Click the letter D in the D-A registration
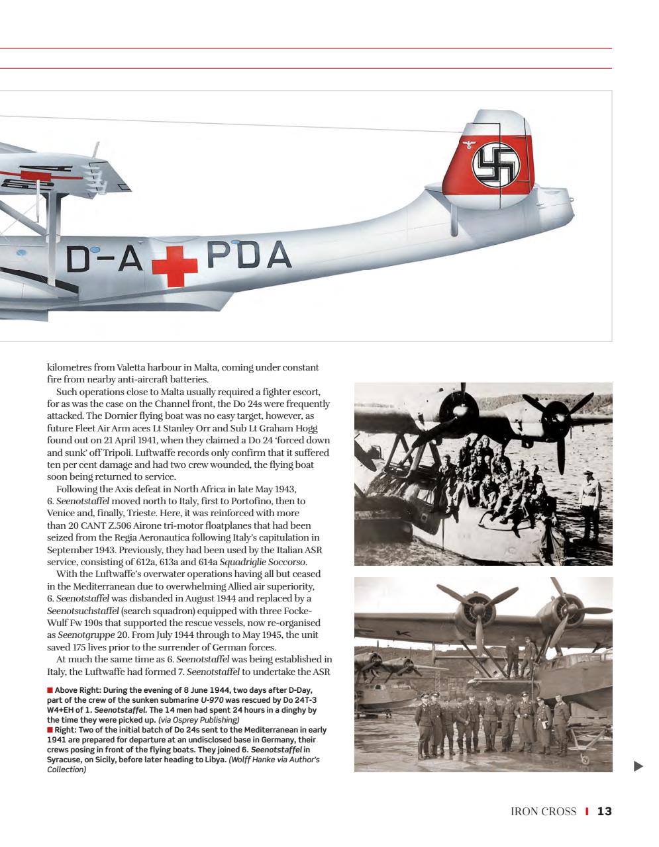pyautogui.click(x=77, y=259)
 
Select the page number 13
pyautogui.click(x=604, y=811)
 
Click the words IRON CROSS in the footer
pyautogui.click(x=543, y=811)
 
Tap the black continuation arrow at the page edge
pyautogui.click(x=638, y=766)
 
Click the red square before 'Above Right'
pyautogui.click(x=50, y=690)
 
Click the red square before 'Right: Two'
pyautogui.click(x=50, y=731)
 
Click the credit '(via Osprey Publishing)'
pyautogui.click(x=199, y=720)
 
